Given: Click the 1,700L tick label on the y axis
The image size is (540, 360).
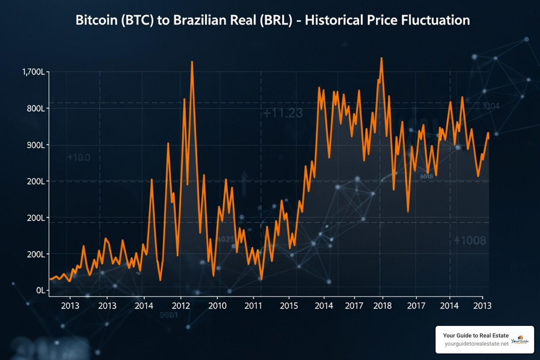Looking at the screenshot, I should (34, 72).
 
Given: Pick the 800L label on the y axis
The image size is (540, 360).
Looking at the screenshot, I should (36, 108).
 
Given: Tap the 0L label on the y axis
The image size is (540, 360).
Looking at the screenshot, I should (41, 290).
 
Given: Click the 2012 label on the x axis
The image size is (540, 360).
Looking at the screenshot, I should (181, 306).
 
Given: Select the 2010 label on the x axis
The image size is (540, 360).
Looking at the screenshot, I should (217, 306).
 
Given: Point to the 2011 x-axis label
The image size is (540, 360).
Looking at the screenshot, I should (253, 306).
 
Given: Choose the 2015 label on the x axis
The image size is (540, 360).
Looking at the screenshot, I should (289, 306).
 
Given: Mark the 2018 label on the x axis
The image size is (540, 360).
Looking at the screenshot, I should (382, 306).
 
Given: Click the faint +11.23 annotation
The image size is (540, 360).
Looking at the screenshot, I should (283, 113).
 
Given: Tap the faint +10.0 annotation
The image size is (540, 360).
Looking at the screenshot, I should (79, 157).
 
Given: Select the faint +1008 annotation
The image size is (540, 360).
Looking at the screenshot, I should (470, 240).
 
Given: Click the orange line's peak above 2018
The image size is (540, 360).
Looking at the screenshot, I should (381, 58).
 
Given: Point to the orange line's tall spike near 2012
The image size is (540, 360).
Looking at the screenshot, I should (192, 62).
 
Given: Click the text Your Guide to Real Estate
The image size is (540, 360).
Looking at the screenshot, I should (476, 335).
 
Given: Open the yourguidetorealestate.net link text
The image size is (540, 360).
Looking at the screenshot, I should (476, 343).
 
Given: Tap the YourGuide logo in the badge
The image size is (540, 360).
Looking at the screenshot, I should (520, 340).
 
